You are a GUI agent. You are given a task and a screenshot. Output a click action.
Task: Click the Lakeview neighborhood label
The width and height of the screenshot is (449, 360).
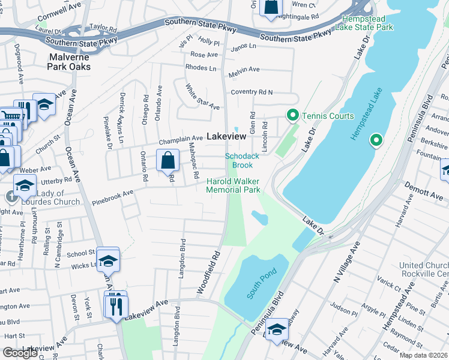(x=226, y=137)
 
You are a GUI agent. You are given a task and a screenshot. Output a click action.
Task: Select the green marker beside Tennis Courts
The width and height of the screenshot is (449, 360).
(x=292, y=115)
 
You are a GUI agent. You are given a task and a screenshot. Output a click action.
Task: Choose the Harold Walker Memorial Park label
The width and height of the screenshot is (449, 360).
(x=234, y=185)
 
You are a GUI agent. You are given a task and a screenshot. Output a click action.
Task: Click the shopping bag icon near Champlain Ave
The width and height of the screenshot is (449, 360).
(x=167, y=160)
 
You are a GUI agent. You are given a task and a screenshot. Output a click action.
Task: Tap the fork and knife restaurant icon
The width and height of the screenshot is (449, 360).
(x=114, y=307)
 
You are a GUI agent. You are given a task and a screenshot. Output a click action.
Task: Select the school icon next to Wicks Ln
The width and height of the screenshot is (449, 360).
(x=108, y=260)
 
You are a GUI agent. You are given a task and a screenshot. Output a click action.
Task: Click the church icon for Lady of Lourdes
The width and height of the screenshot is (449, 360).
(x=11, y=196)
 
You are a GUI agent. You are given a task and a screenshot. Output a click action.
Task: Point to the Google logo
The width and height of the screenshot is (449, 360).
(x=20, y=352)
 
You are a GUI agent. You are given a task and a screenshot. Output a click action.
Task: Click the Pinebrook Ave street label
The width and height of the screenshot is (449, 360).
(x=112, y=198)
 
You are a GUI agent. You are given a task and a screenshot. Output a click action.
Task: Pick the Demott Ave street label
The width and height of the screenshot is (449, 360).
(x=424, y=191)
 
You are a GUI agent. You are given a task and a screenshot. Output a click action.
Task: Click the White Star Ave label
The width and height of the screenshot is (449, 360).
(x=202, y=97)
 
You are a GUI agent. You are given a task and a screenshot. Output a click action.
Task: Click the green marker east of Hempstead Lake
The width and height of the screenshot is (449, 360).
(x=376, y=141)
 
